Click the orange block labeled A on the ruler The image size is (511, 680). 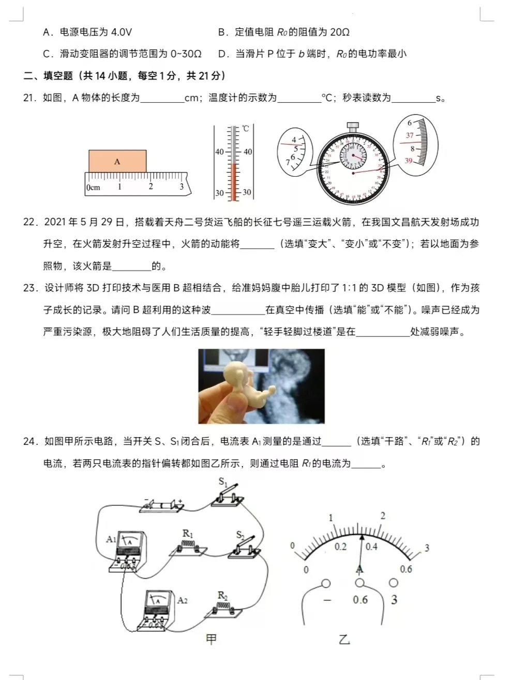117,161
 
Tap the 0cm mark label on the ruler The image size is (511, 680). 94,188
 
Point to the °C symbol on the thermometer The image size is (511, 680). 245,128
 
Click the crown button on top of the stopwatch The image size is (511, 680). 353,126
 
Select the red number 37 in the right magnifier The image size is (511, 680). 410,135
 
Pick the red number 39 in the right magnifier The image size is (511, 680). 408,161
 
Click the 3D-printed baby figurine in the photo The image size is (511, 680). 237,383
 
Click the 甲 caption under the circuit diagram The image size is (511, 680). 211,639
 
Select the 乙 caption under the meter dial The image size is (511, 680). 344,640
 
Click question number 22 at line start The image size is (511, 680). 29,222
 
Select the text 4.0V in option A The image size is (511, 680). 122,32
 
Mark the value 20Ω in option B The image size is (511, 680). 339,32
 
